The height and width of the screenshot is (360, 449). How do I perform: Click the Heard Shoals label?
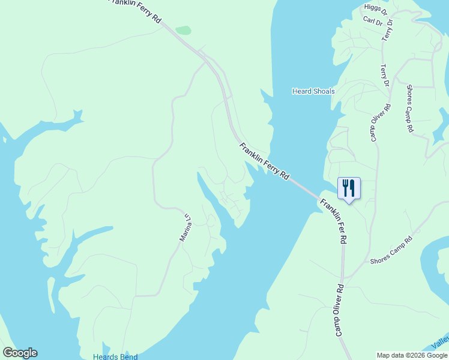tap(313, 91)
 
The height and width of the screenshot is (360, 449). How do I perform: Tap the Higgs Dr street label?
tap(376, 7)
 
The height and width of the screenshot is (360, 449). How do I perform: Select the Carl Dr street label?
tap(372, 20)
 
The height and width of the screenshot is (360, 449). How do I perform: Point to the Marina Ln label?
tap(186, 228)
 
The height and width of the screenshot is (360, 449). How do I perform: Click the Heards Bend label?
tap(115, 356)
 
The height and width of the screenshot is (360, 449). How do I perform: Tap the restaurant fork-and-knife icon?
tap(349, 188)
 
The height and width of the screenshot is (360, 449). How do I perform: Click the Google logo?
tap(20, 353)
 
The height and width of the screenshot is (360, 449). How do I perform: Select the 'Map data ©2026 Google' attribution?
tap(412, 355)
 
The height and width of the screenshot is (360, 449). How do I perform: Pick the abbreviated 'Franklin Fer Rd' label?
tap(334, 221)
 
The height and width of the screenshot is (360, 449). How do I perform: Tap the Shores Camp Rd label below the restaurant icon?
tap(391, 251)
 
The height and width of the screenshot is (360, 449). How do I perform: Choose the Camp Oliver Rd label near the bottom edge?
tap(339, 310)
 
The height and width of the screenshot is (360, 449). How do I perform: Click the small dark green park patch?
tap(183, 30)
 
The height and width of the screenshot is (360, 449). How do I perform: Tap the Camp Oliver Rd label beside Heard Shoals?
tap(379, 123)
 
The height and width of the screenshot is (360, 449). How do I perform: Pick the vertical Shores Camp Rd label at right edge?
tap(410, 108)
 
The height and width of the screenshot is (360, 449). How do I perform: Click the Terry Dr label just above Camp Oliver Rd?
tap(385, 76)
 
